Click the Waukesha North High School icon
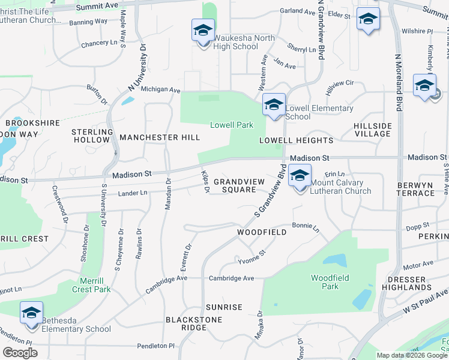pyautogui.click(x=203, y=30)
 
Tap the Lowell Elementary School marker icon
pyautogui.click(x=273, y=106)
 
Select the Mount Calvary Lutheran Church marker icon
pyautogui.click(x=300, y=176)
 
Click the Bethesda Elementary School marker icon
pyautogui.click(x=31, y=313)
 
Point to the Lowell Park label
pyautogui.click(x=232, y=125)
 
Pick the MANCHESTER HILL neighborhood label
pyautogui.click(x=160, y=137)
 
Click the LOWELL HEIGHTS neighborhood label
pyautogui.click(x=296, y=140)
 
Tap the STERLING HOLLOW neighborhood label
pyautogui.click(x=92, y=136)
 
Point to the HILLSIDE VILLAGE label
pyautogui.click(x=373, y=130)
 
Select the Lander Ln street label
pyautogui.click(x=133, y=193)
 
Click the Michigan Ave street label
pyautogui.click(x=161, y=90)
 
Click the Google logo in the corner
pyautogui.click(x=20, y=353)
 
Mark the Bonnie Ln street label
pyautogui.click(x=306, y=227)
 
